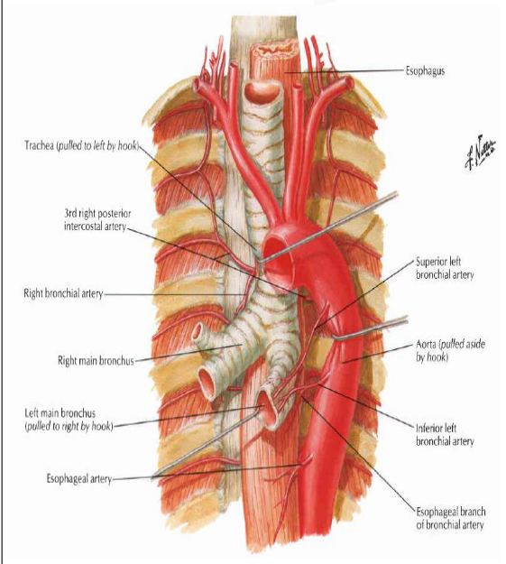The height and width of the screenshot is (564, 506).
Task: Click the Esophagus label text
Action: pyautogui.click(x=425, y=71)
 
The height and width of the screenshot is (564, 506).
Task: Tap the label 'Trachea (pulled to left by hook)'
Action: pyautogui.click(x=81, y=145)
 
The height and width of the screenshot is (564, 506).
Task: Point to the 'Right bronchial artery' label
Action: pyautogui.click(x=63, y=293)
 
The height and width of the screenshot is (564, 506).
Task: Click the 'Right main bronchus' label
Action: pyautogui.click(x=96, y=360)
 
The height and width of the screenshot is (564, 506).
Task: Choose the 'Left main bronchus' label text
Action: pyautogui.click(x=69, y=420)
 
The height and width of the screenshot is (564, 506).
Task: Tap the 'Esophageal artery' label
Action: pyautogui.click(x=78, y=479)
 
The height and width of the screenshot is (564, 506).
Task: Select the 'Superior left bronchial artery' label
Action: pyautogui.click(x=445, y=268)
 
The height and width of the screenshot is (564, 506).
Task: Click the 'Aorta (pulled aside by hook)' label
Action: pyautogui.click(x=450, y=351)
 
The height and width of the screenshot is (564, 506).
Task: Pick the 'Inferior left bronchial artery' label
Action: pyautogui.click(x=445, y=435)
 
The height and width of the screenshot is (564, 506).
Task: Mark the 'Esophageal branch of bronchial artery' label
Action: pyautogui.click(x=451, y=518)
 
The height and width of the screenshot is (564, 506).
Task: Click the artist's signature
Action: pyautogui.click(x=480, y=152)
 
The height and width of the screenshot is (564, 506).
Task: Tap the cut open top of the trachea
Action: pyautogui.click(x=262, y=91)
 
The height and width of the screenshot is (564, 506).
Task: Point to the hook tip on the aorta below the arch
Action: pyautogui.click(x=335, y=337)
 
